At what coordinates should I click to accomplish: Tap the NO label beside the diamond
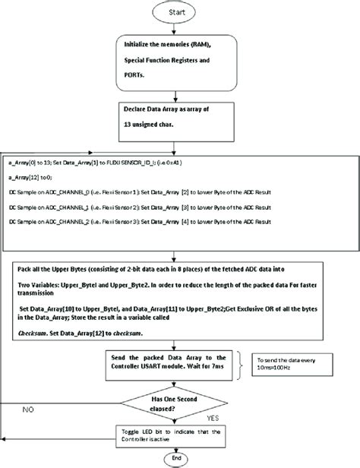(x=27, y=407)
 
